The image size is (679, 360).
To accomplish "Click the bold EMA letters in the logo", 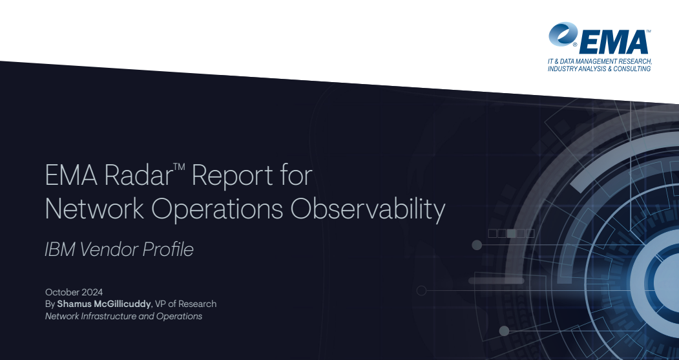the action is (613, 43).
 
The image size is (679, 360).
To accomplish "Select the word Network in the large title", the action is (94, 208).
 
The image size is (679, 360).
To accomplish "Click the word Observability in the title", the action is (368, 209).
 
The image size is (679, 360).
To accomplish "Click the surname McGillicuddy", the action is (123, 304).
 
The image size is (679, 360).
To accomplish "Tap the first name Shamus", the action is (74, 304).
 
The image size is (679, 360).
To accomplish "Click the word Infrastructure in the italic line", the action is (109, 316).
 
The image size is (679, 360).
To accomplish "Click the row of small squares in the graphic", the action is (512, 233).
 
